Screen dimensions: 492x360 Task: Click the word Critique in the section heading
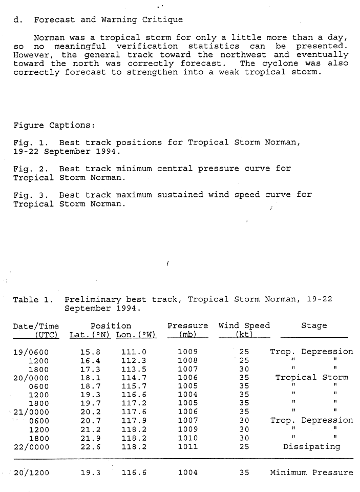tap(161, 20)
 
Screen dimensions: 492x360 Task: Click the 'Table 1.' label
tap(33, 300)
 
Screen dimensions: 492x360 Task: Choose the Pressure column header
tap(187, 326)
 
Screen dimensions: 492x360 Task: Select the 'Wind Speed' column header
tap(244, 326)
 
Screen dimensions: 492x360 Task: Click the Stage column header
tap(314, 326)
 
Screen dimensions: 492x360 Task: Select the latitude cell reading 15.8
tap(90, 352)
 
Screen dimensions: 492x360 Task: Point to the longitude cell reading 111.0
tap(134, 352)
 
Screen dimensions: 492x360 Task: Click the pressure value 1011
tap(187, 446)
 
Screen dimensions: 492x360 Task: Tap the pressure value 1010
tap(187, 438)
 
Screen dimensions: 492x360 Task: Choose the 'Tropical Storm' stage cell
tap(311, 378)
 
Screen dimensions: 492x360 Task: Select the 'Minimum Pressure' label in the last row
tap(311, 473)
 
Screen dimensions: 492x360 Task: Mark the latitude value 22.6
tap(90, 446)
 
